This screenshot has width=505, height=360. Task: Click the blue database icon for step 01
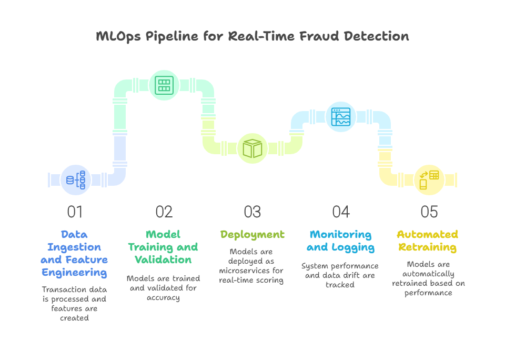pyautogui.click(x=76, y=180)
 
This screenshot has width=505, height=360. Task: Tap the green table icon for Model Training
pyautogui.click(x=164, y=85)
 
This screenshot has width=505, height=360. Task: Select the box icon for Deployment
pyautogui.click(x=252, y=148)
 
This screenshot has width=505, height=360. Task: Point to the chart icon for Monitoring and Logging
pyautogui.click(x=341, y=117)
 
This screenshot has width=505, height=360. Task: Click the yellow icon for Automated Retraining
pyautogui.click(x=429, y=180)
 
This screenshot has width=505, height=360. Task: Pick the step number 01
pyautogui.click(x=75, y=212)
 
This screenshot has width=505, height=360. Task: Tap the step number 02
pyautogui.click(x=164, y=212)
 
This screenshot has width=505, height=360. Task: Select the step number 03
pyautogui.click(x=252, y=212)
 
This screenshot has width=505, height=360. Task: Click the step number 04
pyautogui.click(x=341, y=212)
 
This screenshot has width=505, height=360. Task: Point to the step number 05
pyautogui.click(x=429, y=212)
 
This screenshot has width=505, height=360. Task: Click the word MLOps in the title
pyautogui.click(x=118, y=36)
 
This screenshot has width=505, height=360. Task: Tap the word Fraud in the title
pyautogui.click(x=319, y=36)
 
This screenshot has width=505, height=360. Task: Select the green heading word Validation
pyautogui.click(x=163, y=259)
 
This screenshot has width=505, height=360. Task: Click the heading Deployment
pyautogui.click(x=252, y=235)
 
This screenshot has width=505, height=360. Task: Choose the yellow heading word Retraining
pyautogui.click(x=427, y=247)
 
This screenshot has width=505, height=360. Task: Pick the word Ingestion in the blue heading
pyautogui.click(x=74, y=247)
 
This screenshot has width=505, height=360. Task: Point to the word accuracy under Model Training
pyautogui.click(x=163, y=298)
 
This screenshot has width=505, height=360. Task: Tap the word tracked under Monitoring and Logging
pyautogui.click(x=340, y=285)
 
